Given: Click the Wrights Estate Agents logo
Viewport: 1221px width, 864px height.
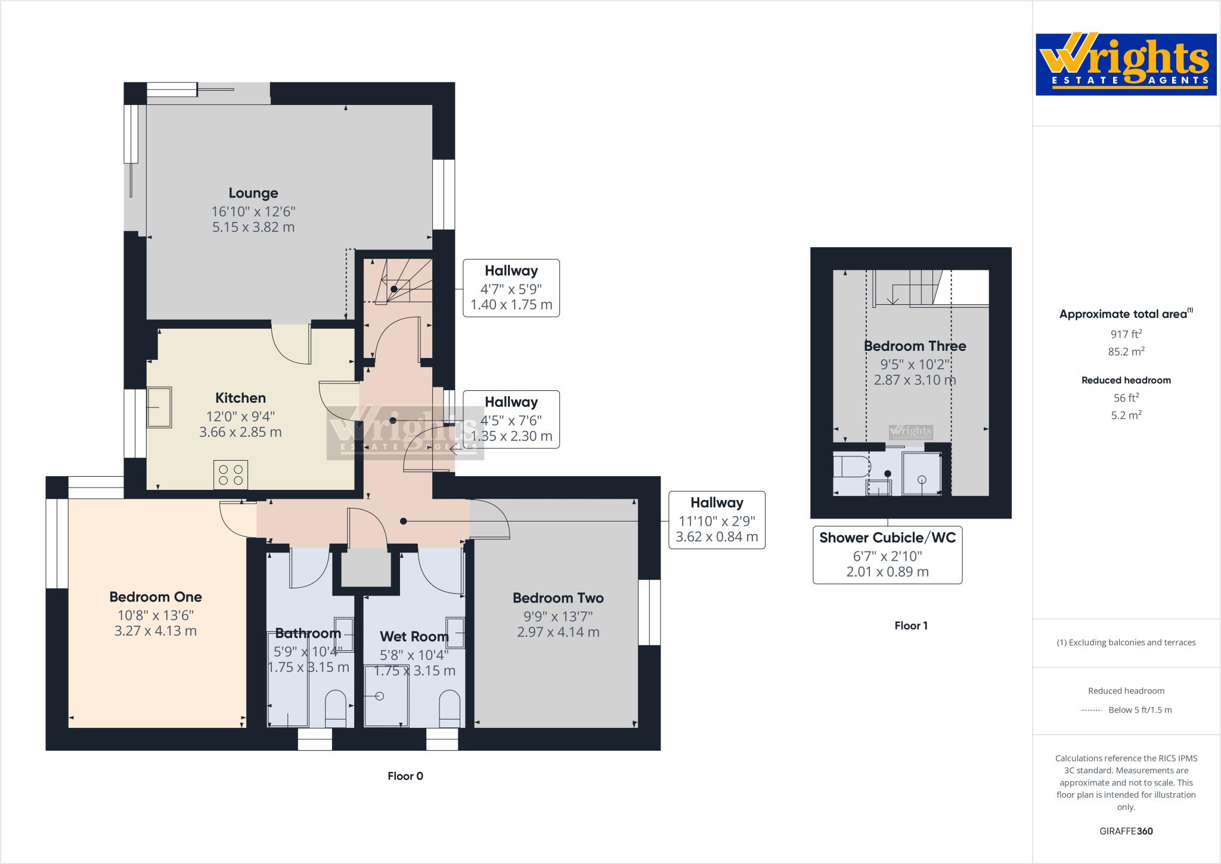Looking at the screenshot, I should tap(1126, 64).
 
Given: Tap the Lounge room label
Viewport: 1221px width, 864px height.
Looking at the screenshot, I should tap(253, 193).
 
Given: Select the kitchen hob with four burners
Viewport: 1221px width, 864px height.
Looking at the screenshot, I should tap(231, 475).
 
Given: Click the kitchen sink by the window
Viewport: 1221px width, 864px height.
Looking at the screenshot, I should tap(159, 407).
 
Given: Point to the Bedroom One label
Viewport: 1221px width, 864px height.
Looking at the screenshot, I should tap(156, 597).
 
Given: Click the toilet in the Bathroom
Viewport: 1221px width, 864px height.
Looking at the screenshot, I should tap(336, 709).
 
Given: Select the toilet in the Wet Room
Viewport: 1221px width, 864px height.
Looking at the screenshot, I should tap(450, 709).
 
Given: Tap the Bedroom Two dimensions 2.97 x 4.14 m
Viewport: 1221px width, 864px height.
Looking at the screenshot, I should tap(558, 632).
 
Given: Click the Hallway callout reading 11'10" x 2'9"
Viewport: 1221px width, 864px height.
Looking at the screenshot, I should tap(717, 520).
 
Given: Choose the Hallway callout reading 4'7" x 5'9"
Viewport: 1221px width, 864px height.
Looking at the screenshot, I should tap(511, 288).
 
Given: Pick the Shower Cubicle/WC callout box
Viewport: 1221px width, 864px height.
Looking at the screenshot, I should tap(887, 555).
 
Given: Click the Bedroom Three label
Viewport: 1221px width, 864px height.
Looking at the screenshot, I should tap(915, 346).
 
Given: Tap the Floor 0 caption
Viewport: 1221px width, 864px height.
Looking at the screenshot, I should tap(405, 776).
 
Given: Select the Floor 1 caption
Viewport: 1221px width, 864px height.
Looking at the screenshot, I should tap(911, 626).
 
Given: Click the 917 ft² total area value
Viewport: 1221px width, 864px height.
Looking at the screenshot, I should tap(1126, 335).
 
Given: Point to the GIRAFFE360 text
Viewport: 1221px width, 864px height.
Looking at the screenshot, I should tap(1126, 831).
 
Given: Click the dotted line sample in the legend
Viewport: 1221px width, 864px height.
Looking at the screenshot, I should tap(1090, 710).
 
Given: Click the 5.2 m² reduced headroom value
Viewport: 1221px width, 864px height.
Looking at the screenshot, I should tap(1126, 415).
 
